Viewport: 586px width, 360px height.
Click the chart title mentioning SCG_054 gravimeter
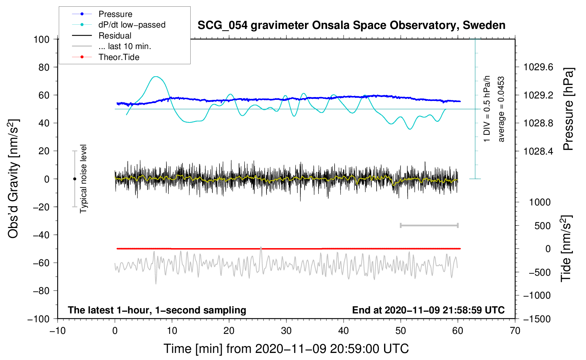(351, 25)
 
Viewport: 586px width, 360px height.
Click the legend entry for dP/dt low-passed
(132, 25)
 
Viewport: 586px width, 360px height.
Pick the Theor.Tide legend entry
(119, 57)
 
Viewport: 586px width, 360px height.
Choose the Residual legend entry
(115, 36)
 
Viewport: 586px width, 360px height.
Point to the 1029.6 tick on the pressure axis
(538, 67)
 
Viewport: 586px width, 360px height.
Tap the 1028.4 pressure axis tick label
(538, 151)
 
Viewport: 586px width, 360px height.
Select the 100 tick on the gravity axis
(41, 39)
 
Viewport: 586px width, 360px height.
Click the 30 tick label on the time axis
(286, 331)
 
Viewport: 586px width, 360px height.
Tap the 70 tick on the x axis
(515, 331)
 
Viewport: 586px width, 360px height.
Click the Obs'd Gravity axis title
(13, 179)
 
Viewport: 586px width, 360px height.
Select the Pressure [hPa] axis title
(568, 109)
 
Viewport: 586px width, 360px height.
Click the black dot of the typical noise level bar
(74, 179)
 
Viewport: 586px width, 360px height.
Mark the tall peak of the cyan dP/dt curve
(156, 77)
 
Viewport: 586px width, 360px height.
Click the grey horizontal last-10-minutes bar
(429, 226)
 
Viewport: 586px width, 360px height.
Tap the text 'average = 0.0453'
(501, 109)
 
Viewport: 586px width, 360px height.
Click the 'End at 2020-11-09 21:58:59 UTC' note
(428, 310)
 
